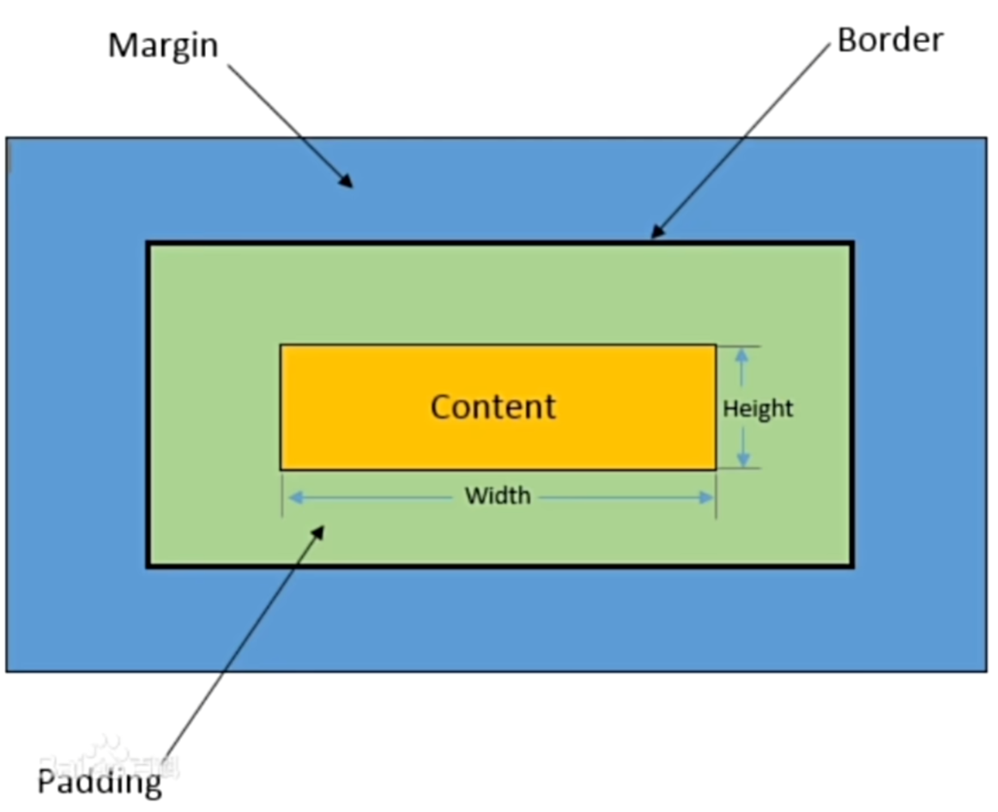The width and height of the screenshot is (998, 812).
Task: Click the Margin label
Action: (163, 45)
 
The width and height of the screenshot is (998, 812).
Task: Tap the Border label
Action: (889, 39)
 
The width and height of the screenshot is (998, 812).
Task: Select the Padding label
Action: (100, 781)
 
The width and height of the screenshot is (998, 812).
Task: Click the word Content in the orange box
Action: (493, 406)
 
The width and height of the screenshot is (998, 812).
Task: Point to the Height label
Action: (758, 409)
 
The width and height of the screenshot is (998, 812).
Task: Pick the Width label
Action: (498, 495)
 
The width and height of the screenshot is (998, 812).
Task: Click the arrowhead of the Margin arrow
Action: (347, 181)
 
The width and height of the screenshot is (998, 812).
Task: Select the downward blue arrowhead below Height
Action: (742, 460)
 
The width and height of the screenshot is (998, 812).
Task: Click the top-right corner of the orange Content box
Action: (715, 345)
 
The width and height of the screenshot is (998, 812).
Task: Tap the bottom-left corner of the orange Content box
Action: (281, 469)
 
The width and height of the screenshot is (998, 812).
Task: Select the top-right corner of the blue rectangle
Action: (985, 138)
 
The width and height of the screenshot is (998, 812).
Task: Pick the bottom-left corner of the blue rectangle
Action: (7, 670)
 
